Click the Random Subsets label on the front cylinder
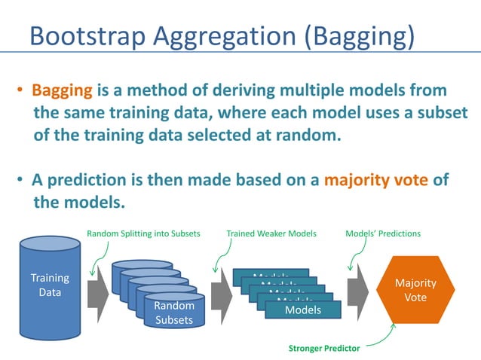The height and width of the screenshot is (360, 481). pos(173,313)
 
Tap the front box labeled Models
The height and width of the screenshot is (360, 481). pos(303,310)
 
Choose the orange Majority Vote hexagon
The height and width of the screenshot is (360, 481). pos(415,290)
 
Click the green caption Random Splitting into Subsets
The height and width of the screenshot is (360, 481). pos(143,234)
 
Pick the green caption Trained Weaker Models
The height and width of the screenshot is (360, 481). pos(271,234)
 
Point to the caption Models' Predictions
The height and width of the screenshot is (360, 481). pos(382,234)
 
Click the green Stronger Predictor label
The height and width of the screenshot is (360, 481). pos(325,349)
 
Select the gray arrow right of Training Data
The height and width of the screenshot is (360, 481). pos(97,290)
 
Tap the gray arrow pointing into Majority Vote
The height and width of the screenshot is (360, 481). pos(357,291)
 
